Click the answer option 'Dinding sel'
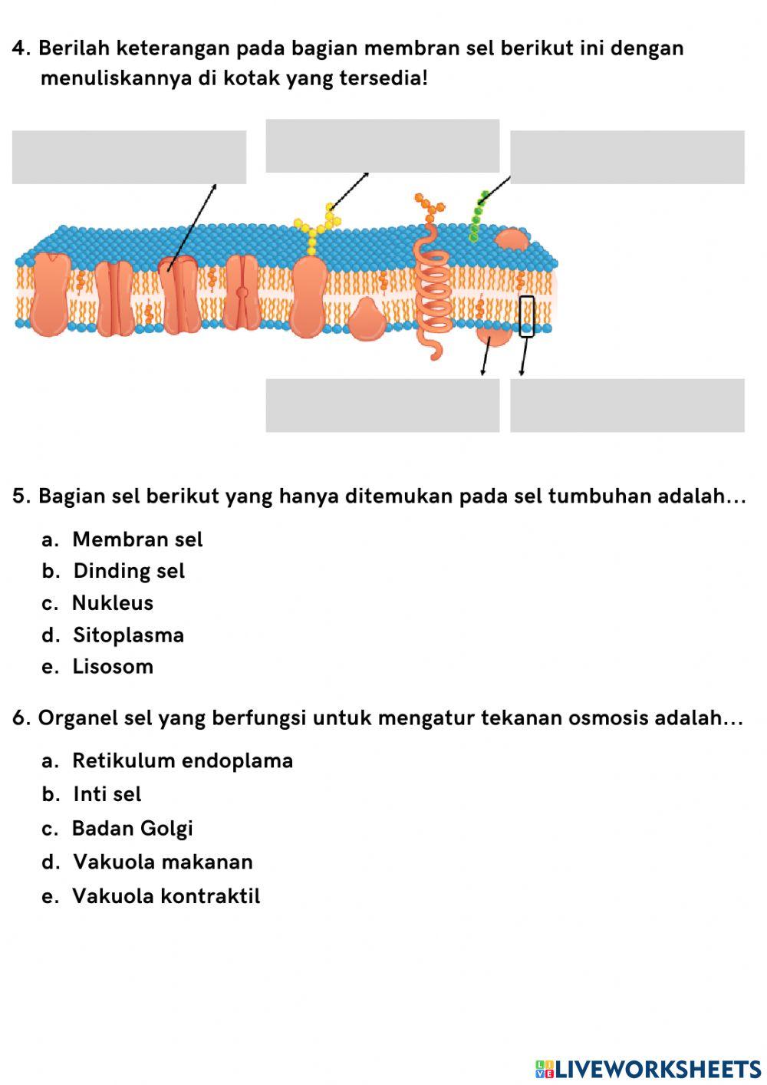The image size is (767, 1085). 129,571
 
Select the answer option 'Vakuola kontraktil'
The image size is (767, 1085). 166,896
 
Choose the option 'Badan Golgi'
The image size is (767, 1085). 132,829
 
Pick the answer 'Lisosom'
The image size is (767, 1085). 113,667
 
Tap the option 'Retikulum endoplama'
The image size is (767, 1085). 183,761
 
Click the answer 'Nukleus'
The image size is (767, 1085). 113,603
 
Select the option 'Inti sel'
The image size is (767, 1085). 107,794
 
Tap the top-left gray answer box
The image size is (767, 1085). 129,157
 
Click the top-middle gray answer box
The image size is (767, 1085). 382,146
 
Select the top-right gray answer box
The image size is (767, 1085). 627,157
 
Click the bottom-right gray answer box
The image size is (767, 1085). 627,405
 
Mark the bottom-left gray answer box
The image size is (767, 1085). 382,405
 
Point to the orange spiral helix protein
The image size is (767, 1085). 431,288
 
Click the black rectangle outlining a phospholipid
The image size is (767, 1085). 526,316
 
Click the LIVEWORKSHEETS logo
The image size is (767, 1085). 648,1069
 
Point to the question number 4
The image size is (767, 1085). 21,48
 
